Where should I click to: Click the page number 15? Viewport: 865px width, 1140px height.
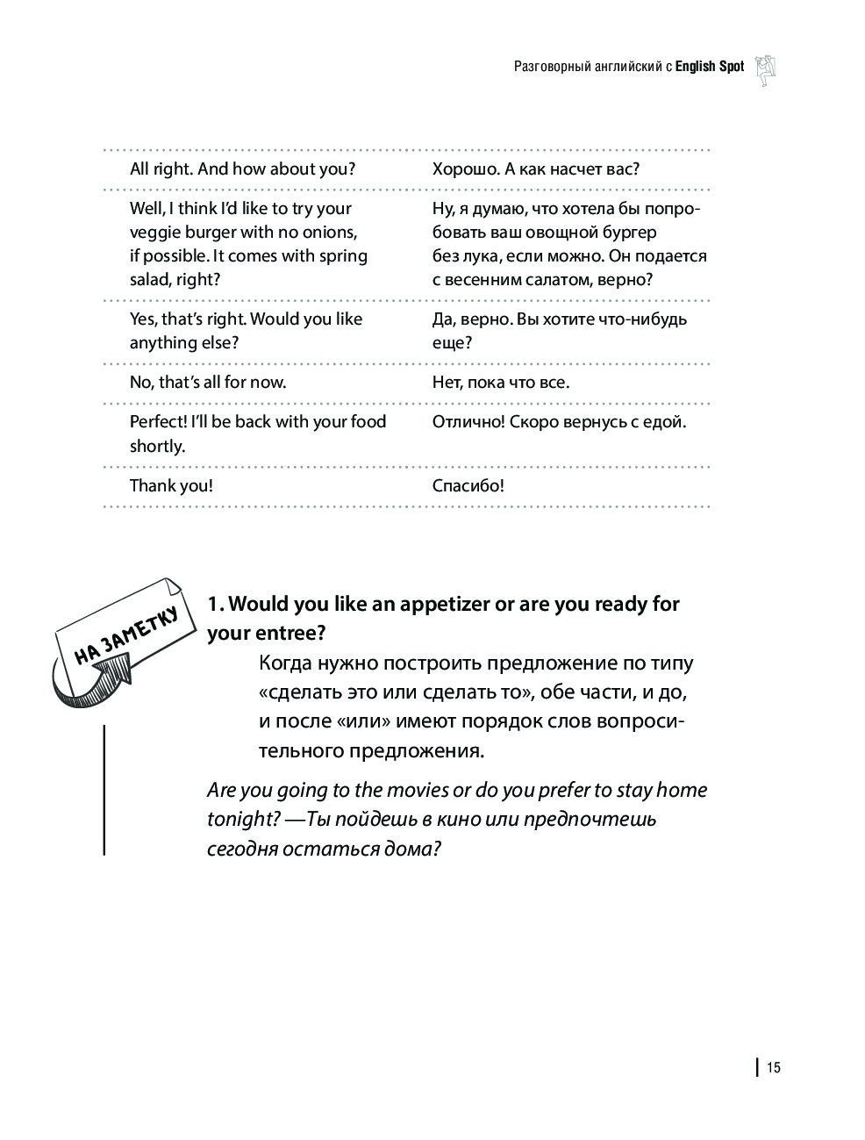pyautogui.click(x=773, y=1067)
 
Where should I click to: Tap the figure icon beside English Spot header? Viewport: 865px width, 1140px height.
pyautogui.click(x=766, y=68)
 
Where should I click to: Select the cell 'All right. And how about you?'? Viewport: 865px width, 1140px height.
pyautogui.click(x=242, y=169)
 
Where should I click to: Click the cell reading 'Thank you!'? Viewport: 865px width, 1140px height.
pyautogui.click(x=171, y=485)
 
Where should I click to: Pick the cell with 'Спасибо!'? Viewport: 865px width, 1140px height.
pyautogui.click(x=468, y=485)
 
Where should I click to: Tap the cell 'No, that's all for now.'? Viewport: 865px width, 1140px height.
pyautogui.click(x=208, y=382)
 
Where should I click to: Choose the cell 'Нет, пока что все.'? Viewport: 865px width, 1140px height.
pyautogui.click(x=501, y=382)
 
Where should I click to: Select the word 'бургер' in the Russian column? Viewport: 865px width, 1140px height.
pyautogui.click(x=628, y=233)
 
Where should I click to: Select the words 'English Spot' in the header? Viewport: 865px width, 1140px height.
pyautogui.click(x=709, y=67)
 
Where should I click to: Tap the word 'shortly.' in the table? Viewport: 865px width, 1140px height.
pyautogui.click(x=158, y=446)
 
